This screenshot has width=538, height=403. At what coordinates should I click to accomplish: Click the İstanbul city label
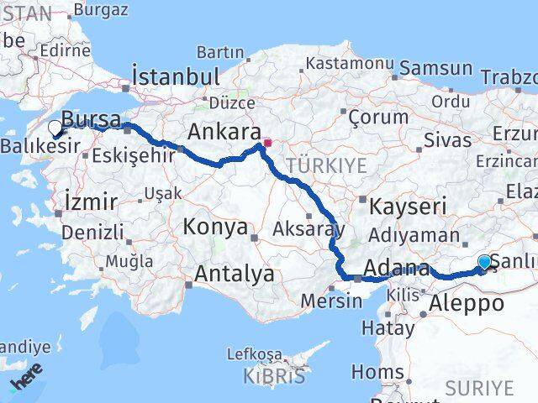(177, 76)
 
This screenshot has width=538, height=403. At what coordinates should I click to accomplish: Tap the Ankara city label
(223, 132)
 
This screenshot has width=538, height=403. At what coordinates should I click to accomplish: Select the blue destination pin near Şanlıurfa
(485, 264)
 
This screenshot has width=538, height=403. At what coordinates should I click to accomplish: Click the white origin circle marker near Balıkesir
(55, 128)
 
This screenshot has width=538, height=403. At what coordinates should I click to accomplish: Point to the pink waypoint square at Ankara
(267, 143)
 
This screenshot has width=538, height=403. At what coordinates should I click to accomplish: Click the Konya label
(217, 227)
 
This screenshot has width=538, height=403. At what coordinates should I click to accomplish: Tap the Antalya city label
(235, 274)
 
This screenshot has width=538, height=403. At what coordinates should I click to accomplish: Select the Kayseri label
(409, 206)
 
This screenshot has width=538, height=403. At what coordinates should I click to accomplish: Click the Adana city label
(396, 270)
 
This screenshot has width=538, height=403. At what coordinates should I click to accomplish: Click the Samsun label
(435, 69)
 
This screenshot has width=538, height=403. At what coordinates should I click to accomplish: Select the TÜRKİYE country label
(326, 166)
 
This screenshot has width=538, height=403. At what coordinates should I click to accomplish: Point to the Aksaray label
(309, 228)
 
